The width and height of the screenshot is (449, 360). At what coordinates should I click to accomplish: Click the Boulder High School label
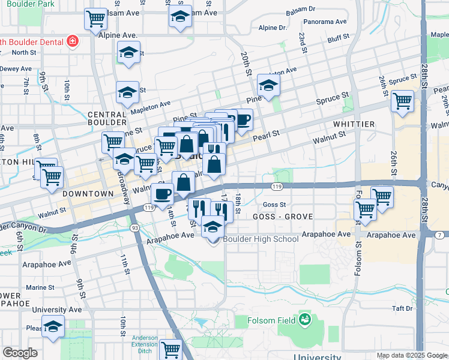click(261, 239)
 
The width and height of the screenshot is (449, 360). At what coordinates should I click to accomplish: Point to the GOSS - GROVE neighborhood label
click(283, 217)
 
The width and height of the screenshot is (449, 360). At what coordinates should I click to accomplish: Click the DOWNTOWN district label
click(88, 194)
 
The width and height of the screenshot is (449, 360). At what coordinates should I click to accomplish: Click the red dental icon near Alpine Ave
click(72, 41)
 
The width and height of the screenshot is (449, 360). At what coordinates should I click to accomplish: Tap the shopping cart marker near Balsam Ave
click(95, 19)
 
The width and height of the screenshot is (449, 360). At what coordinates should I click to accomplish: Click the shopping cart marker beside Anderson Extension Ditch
click(171, 349)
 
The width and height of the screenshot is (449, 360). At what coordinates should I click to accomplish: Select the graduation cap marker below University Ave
click(53, 326)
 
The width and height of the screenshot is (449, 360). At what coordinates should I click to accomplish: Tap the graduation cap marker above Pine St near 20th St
click(268, 85)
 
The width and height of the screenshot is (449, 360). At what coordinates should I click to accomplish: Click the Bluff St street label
click(339, 40)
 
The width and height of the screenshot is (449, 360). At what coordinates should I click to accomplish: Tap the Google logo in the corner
click(20, 353)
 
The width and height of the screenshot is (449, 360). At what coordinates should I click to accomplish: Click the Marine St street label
click(40, 287)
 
